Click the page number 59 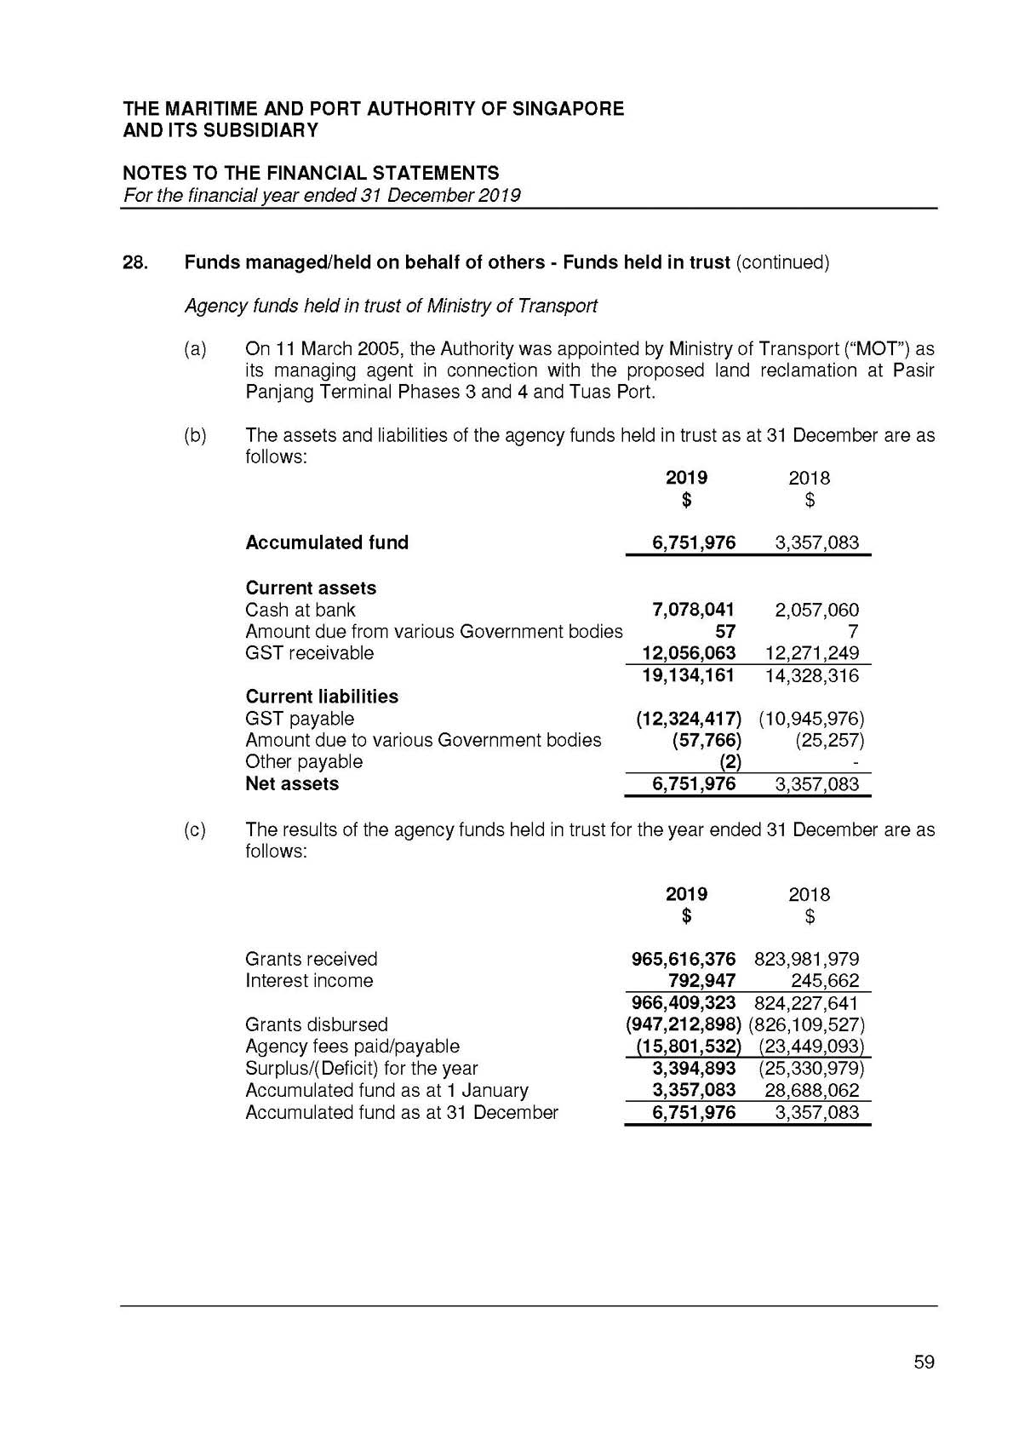[x=924, y=1362]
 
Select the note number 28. [x=135, y=262]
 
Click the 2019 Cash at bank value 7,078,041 [x=693, y=610]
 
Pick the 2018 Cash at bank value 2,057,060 [x=816, y=610]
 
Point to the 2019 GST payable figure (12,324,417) [x=689, y=719]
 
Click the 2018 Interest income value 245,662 [x=825, y=981]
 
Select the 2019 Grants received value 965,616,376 [x=683, y=959]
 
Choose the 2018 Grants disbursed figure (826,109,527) [x=806, y=1024]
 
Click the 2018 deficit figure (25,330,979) [x=811, y=1068]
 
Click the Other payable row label [x=304, y=762]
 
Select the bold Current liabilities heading [x=322, y=697]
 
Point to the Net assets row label [x=292, y=784]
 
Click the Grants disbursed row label [x=317, y=1024]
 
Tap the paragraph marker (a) [x=195, y=349]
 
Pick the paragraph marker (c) [x=195, y=829]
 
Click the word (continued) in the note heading [x=782, y=262]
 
